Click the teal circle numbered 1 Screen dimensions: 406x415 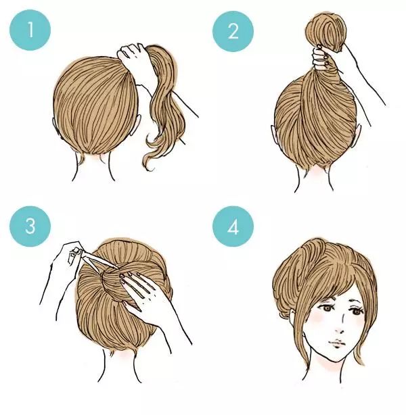pos(30,30)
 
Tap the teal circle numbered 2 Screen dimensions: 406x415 pos(233,32)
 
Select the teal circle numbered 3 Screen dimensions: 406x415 pos(30,226)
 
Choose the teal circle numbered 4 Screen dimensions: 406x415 pos(233,226)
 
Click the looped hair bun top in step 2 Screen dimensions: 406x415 pos(325,31)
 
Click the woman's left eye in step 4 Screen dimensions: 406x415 pos(327,308)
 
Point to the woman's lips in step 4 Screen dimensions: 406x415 pos(336,343)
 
